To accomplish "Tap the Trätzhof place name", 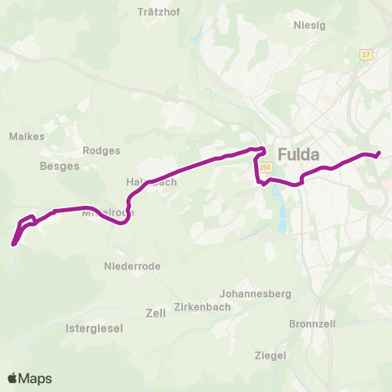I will (158, 13).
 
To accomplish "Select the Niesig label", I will (310, 24).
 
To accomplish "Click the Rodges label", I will (102, 150).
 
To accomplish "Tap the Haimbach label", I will (151, 182).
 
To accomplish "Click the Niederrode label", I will (132, 266).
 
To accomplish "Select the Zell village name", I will (155, 313).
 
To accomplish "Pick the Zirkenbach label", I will (200, 308).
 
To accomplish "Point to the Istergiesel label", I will (94, 327).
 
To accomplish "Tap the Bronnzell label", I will (313, 323).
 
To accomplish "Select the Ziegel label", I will (269, 355).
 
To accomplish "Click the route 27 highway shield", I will (365, 54).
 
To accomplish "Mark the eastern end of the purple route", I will (379, 153).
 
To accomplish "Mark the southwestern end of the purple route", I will (13, 243).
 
